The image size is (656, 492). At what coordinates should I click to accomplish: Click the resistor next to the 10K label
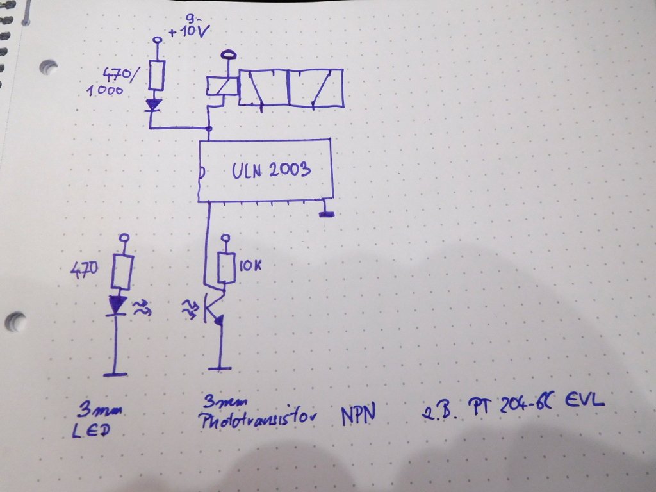[225, 268]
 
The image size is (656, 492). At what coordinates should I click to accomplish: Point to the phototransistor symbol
[212, 309]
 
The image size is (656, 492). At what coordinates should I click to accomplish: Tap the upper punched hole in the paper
[48, 67]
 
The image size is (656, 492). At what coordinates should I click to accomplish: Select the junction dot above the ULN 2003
[209, 129]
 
